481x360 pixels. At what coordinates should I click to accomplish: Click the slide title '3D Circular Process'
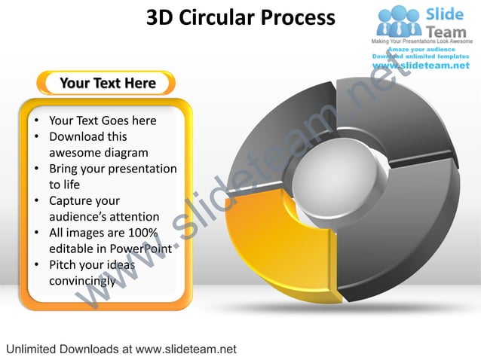click(x=240, y=17)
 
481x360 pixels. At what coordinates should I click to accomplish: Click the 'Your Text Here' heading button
click(x=108, y=83)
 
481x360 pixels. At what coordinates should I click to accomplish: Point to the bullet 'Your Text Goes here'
click(x=103, y=121)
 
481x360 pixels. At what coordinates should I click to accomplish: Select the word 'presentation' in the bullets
click(x=141, y=169)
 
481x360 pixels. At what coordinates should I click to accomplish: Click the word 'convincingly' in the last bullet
click(x=82, y=281)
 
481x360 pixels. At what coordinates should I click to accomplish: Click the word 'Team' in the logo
click(x=447, y=31)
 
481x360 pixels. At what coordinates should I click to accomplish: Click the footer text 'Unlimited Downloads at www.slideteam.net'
click(x=121, y=349)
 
